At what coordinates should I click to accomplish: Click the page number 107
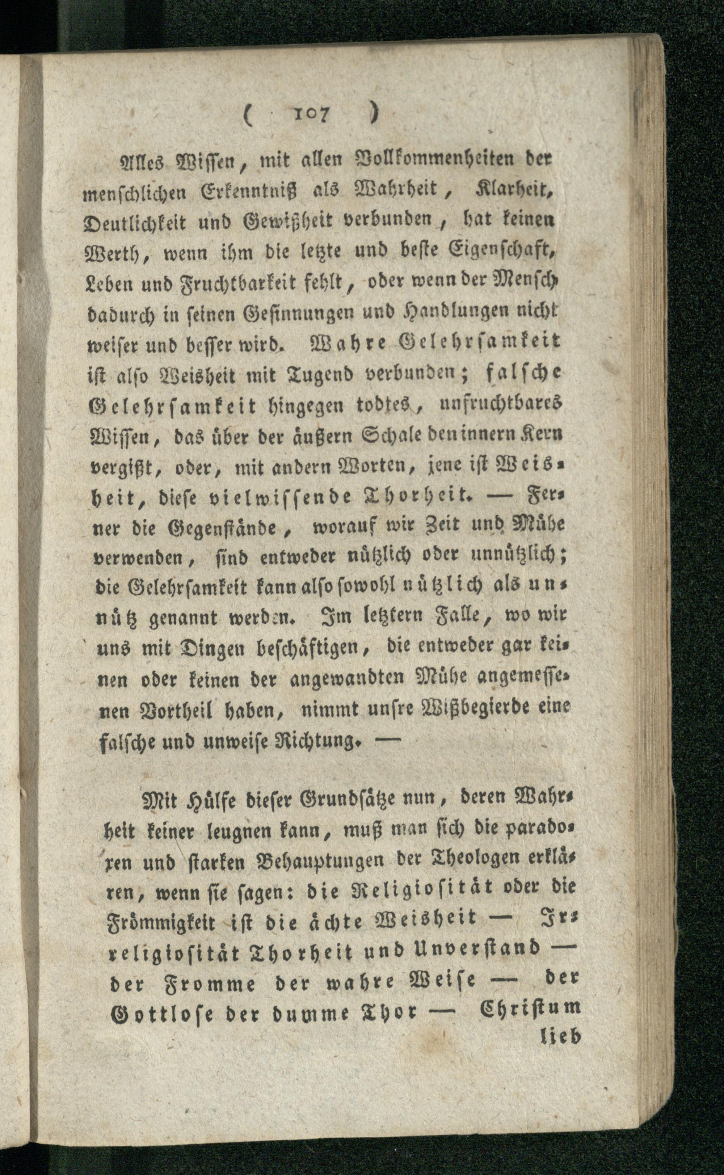click(311, 114)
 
